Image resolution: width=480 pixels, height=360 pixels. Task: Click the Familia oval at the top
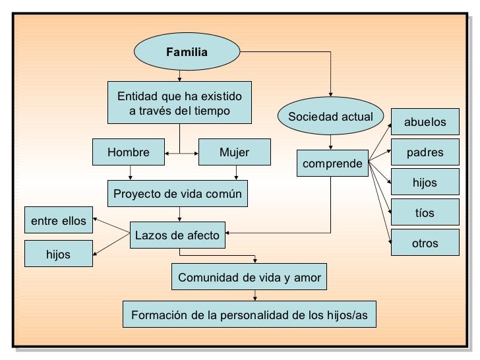click(187, 52)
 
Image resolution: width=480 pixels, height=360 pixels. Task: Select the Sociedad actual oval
click(330, 117)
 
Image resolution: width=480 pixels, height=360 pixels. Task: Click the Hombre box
click(128, 152)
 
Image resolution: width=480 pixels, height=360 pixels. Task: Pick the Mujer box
click(234, 152)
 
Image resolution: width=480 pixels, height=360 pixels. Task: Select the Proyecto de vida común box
click(177, 194)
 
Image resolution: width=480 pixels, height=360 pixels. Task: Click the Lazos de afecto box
click(178, 233)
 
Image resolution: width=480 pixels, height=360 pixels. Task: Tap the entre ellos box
click(59, 221)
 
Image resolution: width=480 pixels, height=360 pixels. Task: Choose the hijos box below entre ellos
click(59, 254)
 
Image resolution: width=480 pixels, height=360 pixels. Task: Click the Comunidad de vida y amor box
click(249, 278)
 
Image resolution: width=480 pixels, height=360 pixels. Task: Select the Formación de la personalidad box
click(249, 315)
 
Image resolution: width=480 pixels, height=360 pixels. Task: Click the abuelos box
click(425, 122)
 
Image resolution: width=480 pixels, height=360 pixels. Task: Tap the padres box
click(425, 153)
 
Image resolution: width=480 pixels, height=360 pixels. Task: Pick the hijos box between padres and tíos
click(425, 183)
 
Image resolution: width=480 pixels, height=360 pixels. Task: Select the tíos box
click(425, 212)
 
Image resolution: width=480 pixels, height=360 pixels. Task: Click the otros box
click(425, 243)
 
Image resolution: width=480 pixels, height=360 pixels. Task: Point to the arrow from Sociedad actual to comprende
click(331, 142)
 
